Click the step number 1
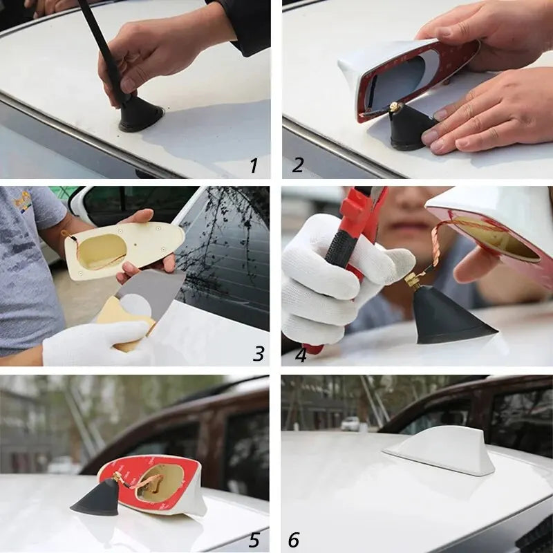pos(254,165)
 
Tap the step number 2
pos(298,165)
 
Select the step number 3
pos(259,354)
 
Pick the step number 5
pos(255,539)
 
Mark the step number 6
pos(294,540)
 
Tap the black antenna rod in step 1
pos(104,48)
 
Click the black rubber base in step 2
pos(408,128)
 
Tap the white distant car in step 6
pos(351,423)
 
